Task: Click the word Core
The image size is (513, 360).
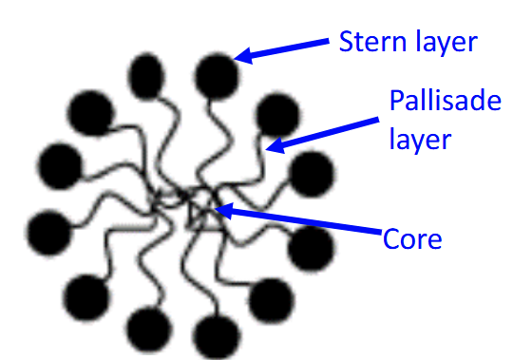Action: (411, 238)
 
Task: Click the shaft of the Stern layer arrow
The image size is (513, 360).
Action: (285, 49)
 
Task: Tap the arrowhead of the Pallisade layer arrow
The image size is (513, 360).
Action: (274, 145)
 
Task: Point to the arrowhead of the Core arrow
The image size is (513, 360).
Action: (223, 212)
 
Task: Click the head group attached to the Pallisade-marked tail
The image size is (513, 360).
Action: (275, 114)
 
